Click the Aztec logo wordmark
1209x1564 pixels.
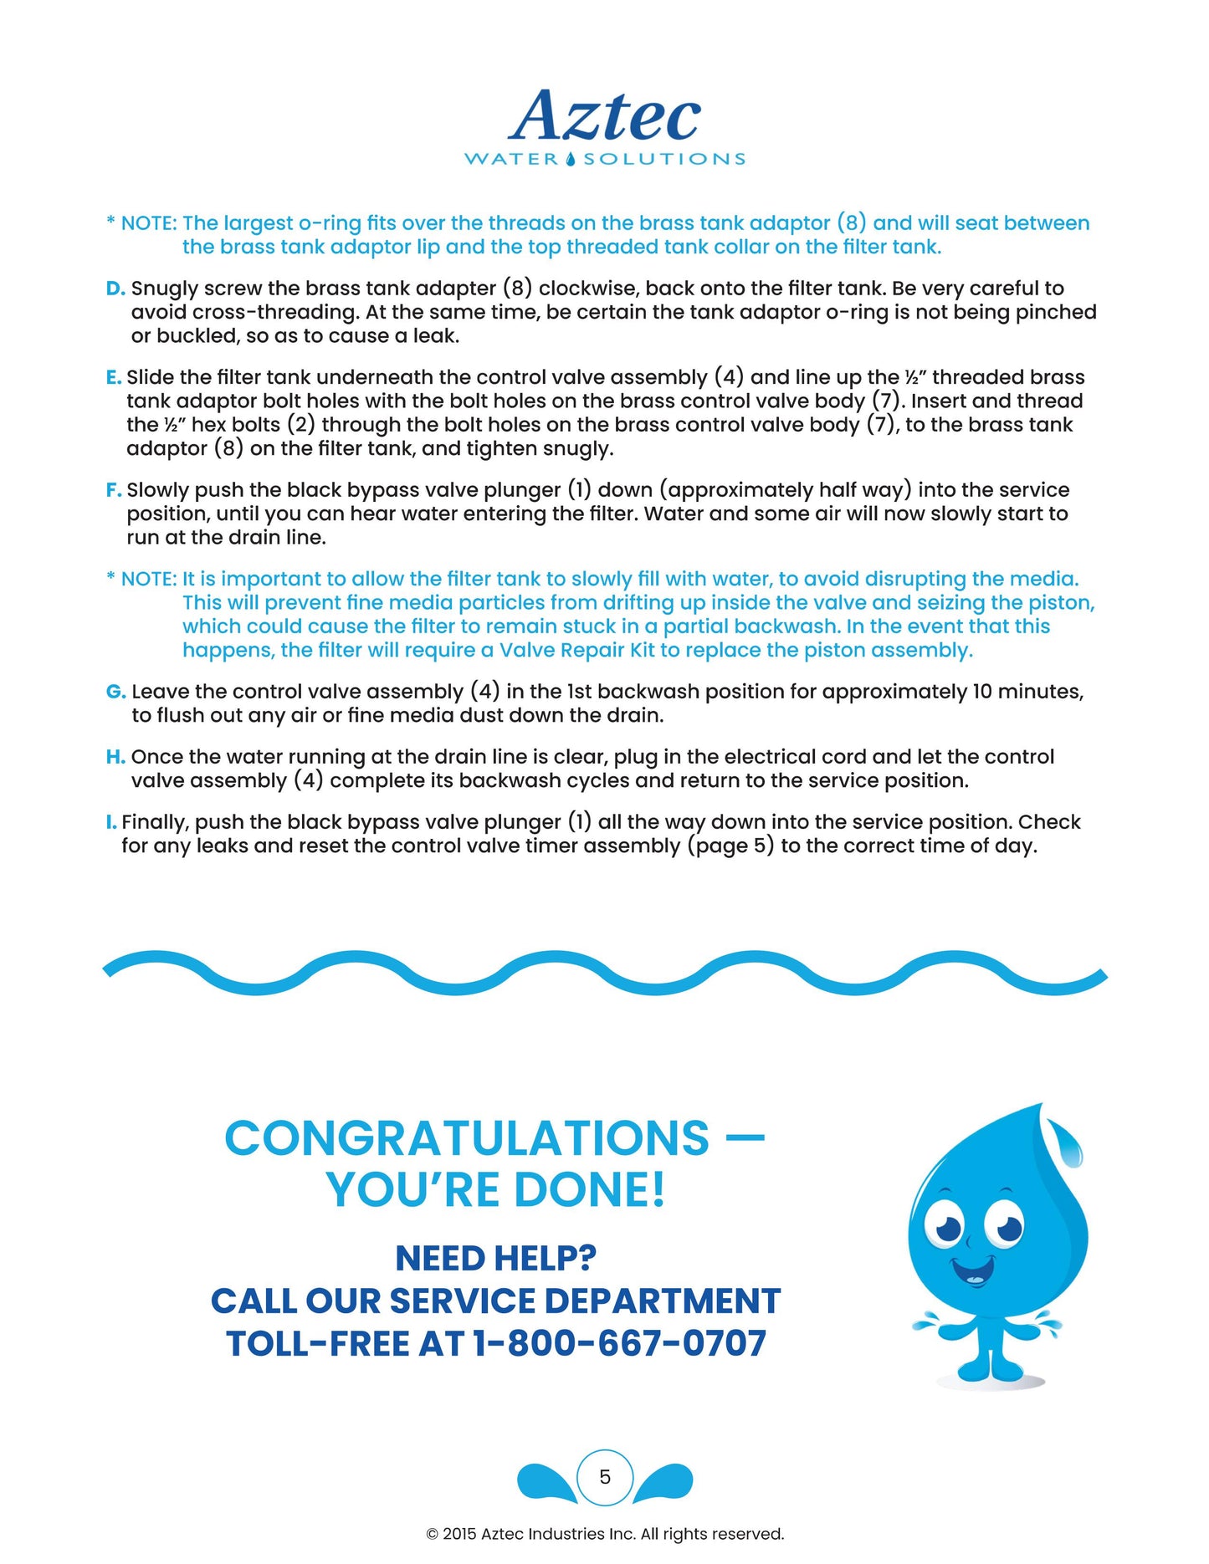(x=604, y=116)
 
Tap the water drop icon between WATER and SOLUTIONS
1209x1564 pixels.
(x=571, y=159)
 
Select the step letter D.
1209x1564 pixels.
(x=115, y=289)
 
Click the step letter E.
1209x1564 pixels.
(x=113, y=377)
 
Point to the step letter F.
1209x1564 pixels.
(x=113, y=490)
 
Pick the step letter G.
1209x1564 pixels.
(x=115, y=692)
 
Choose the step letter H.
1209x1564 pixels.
(x=115, y=757)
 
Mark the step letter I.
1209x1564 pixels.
(x=110, y=822)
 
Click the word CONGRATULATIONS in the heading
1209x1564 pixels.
(x=467, y=1138)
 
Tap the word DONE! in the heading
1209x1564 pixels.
(x=590, y=1189)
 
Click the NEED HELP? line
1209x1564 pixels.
(x=495, y=1258)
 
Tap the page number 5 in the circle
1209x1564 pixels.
(x=605, y=1477)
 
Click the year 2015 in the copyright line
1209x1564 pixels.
(x=459, y=1534)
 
